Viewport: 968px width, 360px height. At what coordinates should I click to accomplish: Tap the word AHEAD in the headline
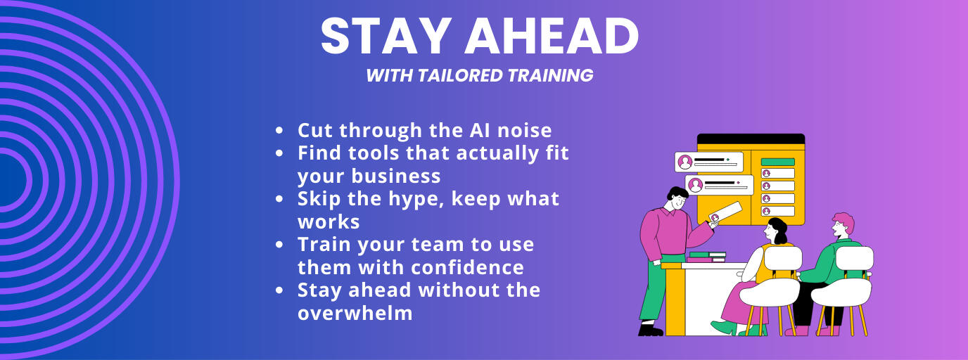point(552,36)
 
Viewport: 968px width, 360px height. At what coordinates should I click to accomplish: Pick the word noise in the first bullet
point(525,131)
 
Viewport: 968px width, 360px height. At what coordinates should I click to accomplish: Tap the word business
point(396,176)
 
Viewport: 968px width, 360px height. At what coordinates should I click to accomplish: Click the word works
point(329,222)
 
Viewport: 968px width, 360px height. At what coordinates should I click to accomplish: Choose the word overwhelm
point(355,313)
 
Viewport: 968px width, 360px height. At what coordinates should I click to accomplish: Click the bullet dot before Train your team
point(279,245)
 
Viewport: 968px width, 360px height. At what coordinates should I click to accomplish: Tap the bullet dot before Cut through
point(279,131)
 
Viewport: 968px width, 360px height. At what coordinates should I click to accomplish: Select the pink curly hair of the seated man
point(844,221)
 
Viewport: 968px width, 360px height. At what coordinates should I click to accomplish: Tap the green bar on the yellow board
point(778,162)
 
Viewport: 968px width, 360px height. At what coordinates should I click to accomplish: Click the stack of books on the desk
point(706,257)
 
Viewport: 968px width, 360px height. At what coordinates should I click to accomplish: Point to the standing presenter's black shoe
point(650,330)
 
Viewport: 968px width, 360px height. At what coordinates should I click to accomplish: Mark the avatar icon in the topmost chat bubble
point(685,162)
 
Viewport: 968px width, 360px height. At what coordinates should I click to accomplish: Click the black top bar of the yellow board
point(751,139)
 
